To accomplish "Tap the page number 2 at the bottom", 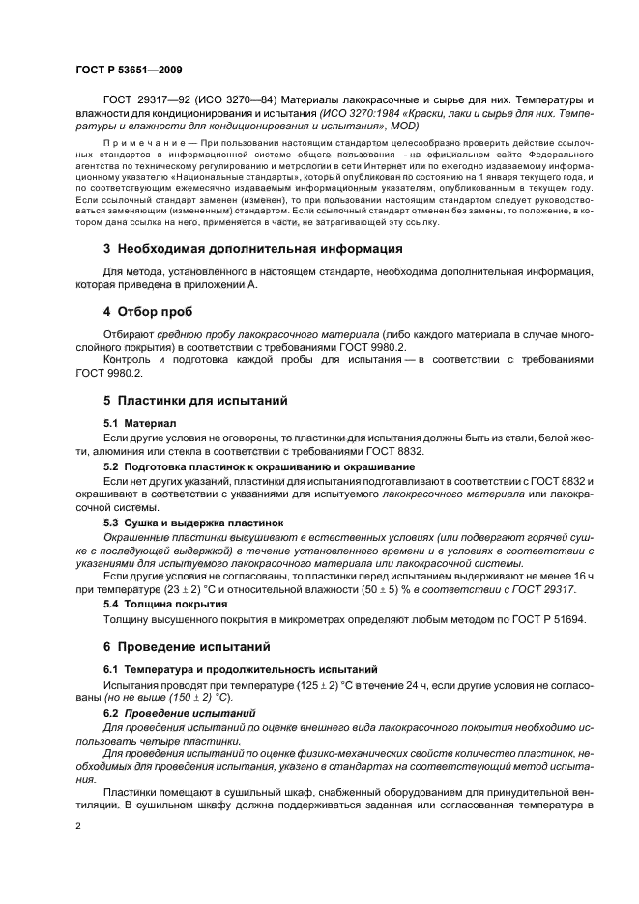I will [79, 827].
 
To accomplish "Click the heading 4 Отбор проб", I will [148, 312].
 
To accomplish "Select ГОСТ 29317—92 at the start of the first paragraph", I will [142, 100].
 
